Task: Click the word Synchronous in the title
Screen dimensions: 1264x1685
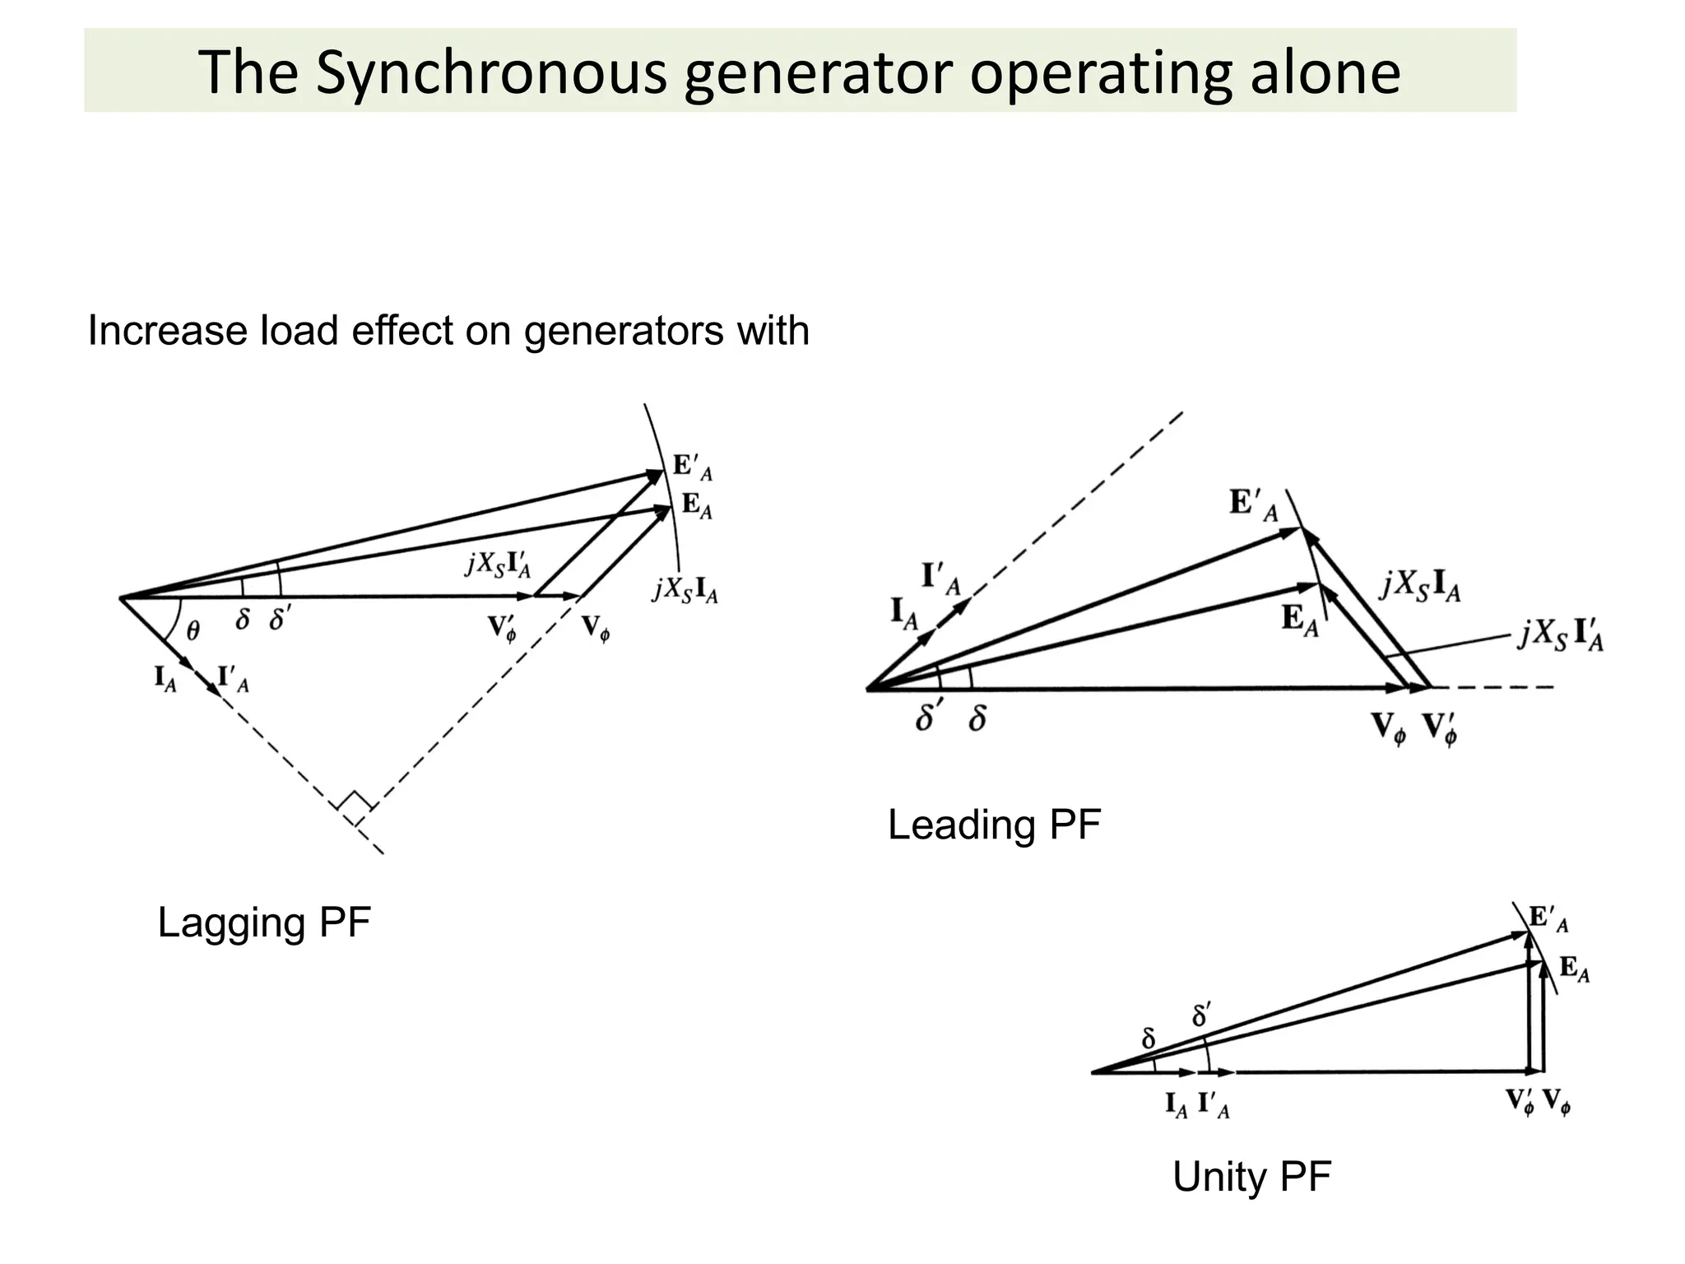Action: tap(490, 72)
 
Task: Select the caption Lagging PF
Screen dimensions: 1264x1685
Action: tap(264, 922)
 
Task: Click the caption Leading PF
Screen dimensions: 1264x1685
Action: tap(994, 825)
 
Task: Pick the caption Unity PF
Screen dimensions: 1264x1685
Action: tap(1251, 1177)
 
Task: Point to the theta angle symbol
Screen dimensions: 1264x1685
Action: tap(193, 630)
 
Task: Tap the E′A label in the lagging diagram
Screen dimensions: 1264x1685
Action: tap(692, 467)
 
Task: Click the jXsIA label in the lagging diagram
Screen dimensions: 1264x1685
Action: tap(685, 590)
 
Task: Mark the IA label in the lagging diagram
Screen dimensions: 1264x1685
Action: tap(165, 680)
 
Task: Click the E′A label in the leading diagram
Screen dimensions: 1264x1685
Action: tap(1253, 504)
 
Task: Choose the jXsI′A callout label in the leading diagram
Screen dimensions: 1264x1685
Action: tap(1560, 636)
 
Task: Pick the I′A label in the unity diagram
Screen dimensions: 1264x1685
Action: tap(1214, 1104)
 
